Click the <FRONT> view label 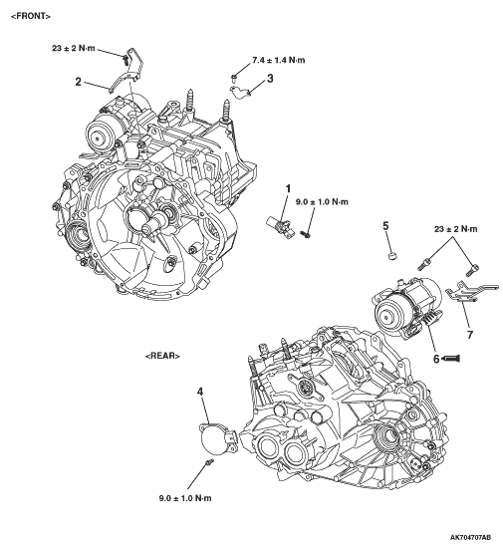[x=31, y=16]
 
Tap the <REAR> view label [x=162, y=356]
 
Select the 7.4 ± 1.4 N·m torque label [x=279, y=60]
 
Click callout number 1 [x=288, y=188]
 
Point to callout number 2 [x=79, y=82]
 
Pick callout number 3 [x=270, y=79]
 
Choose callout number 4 [x=200, y=392]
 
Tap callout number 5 [x=385, y=226]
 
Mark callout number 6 [x=436, y=359]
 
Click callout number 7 [x=470, y=335]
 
